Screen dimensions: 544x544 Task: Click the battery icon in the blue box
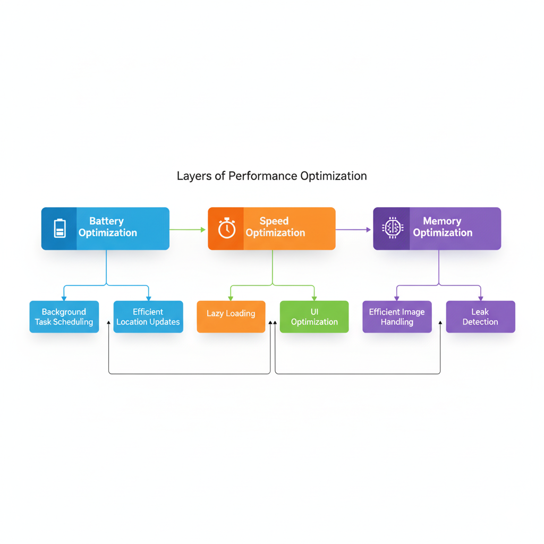coord(59,228)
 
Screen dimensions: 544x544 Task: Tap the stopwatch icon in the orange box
coord(226,228)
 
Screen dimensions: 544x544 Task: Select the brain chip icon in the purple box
coord(392,228)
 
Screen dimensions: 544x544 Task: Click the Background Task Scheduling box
coord(64,317)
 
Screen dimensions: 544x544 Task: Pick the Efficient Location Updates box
coord(148,317)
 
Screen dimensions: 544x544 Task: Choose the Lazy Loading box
coord(231,317)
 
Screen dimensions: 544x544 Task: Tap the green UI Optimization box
coord(314,317)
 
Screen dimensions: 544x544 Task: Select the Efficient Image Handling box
coord(397,317)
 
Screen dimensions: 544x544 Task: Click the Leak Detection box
coord(480,317)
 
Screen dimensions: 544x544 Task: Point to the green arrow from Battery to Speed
coord(188,229)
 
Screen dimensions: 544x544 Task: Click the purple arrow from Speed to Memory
coord(353,229)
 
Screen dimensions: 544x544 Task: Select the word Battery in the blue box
coord(106,221)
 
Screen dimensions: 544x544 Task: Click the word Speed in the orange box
coord(274,221)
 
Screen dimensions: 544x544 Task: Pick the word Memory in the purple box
coord(442,221)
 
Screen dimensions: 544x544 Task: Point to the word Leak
coord(480,312)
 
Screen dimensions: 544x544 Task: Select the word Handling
coord(397,322)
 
